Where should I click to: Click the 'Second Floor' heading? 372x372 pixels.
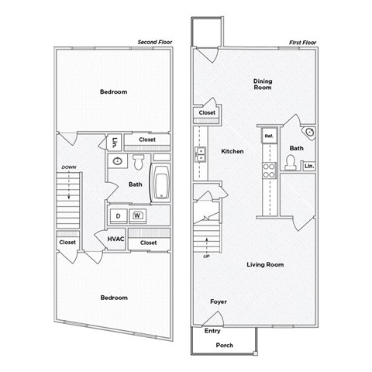(154, 41)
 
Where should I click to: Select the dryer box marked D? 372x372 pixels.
(119, 215)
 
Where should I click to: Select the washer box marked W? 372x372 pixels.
(137, 215)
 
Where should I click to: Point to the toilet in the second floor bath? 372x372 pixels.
(137, 163)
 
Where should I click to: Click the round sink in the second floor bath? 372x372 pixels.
(117, 162)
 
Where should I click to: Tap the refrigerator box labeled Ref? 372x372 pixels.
(269, 136)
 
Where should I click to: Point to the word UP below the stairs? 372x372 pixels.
(206, 256)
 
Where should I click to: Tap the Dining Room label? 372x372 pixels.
(263, 83)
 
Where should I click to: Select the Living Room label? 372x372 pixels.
(265, 265)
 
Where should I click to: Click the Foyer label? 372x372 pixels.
(219, 301)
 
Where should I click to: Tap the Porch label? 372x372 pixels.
(224, 346)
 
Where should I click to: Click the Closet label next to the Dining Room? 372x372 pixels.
(207, 112)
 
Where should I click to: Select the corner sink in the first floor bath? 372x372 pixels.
(311, 133)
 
